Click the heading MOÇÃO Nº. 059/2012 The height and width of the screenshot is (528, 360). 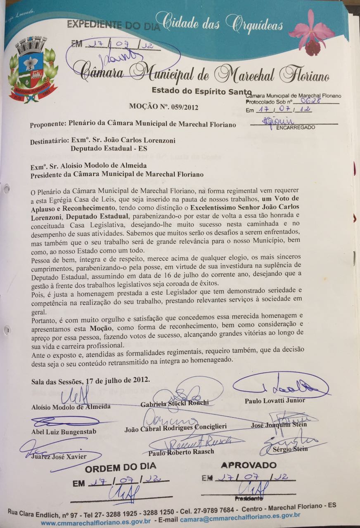pyautogui.click(x=164, y=107)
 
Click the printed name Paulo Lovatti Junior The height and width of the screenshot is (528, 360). pyautogui.click(x=275, y=401)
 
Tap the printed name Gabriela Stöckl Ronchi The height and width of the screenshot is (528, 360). pyautogui.click(x=175, y=403)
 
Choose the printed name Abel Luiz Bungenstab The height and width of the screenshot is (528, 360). pyautogui.click(x=64, y=432)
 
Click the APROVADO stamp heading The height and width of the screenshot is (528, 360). pyautogui.click(x=249, y=465)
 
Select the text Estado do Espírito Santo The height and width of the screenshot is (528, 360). pyautogui.click(x=201, y=90)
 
